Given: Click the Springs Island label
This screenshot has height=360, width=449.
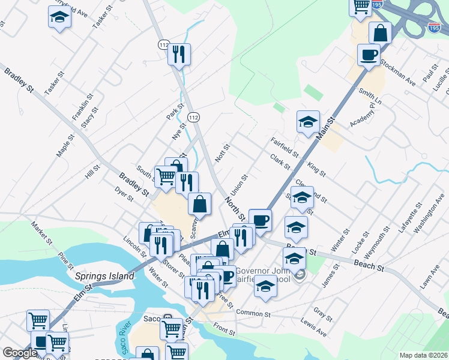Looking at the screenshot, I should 99,277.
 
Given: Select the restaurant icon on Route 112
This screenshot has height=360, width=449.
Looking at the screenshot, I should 179,55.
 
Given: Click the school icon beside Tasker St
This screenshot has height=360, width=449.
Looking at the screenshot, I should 59,18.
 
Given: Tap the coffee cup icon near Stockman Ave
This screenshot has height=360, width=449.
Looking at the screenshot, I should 369,55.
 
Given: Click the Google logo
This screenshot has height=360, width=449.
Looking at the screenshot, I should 20,353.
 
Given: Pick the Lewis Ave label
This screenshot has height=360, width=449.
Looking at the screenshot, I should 313,332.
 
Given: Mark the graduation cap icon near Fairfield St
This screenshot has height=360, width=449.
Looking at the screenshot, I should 308,122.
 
